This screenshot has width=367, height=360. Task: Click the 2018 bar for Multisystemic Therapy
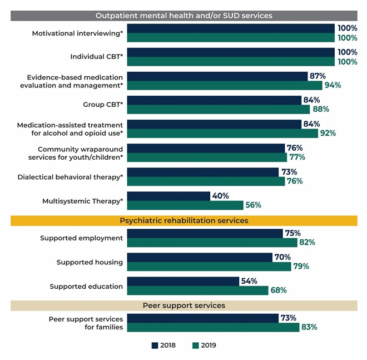[x=168, y=196]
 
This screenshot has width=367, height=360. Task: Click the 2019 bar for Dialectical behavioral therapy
[x=206, y=181]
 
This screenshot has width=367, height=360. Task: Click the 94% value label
[x=332, y=85]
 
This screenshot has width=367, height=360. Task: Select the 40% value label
[x=219, y=196]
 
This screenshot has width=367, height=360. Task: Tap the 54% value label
[x=248, y=282]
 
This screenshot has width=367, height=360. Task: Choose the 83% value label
[x=309, y=328]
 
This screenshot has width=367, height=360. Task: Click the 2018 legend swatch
[x=155, y=346]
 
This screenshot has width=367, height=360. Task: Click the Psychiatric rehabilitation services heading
[x=184, y=221]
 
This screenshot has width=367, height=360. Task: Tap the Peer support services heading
[x=184, y=305]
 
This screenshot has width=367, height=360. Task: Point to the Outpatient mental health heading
[x=184, y=16]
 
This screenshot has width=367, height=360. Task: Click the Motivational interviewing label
[x=77, y=33]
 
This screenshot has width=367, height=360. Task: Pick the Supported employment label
[x=81, y=238]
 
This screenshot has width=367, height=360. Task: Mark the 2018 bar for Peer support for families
[x=202, y=318]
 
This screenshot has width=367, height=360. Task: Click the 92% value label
[x=328, y=134]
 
